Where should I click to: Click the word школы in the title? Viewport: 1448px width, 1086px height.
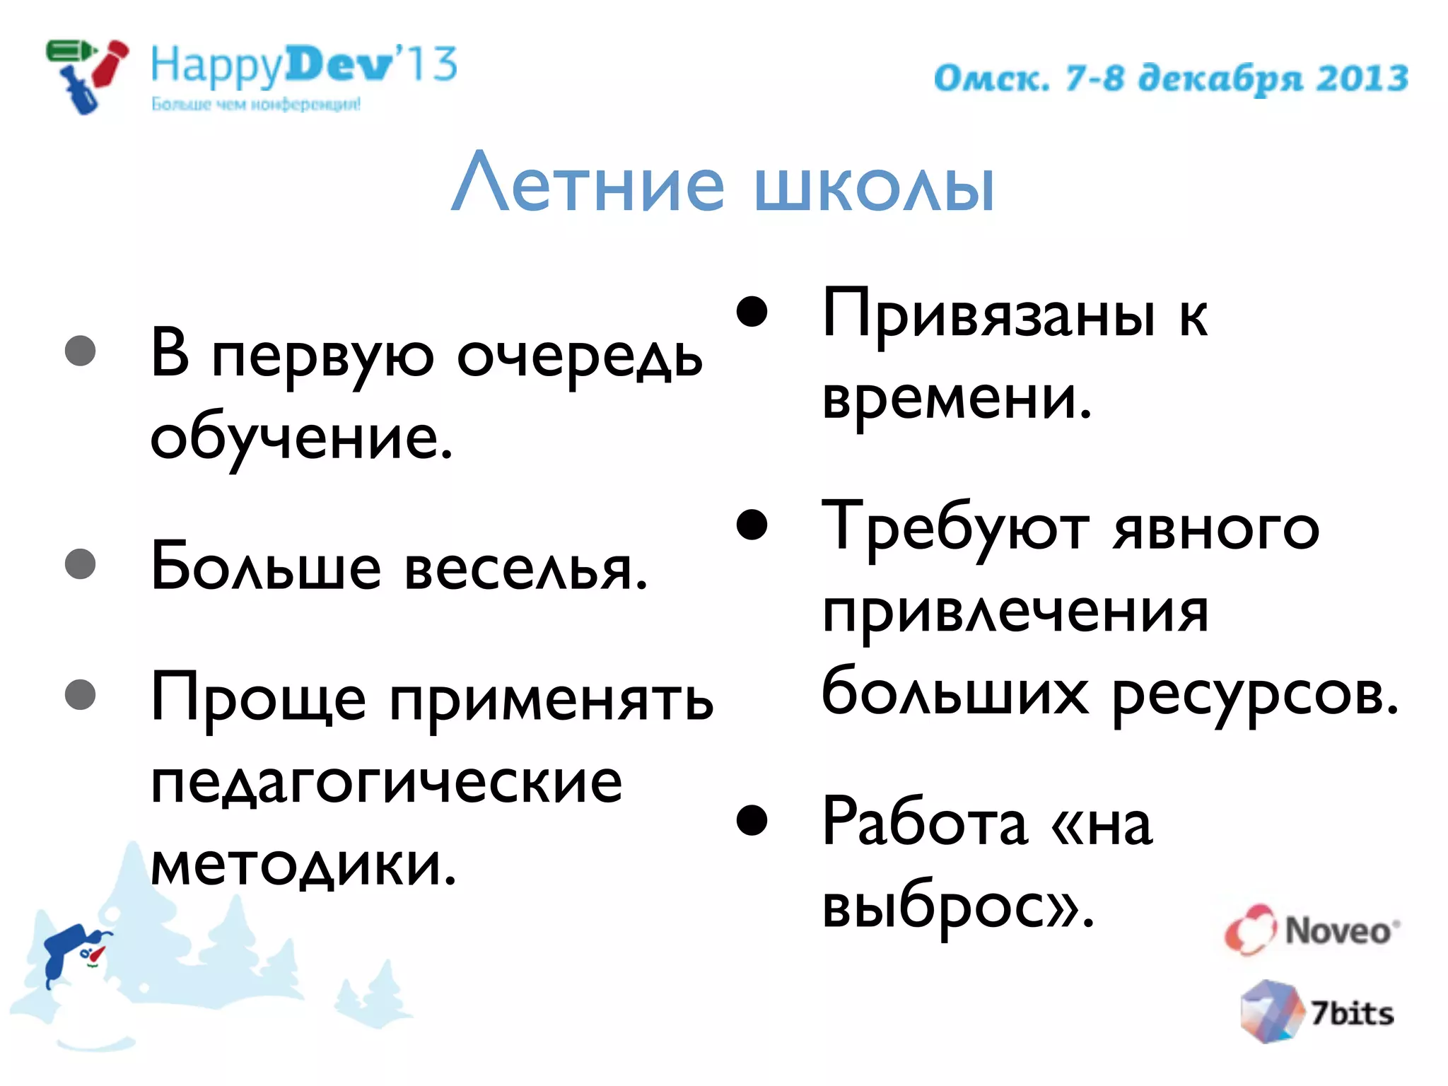click(875, 185)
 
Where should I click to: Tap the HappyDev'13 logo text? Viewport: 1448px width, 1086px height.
click(304, 65)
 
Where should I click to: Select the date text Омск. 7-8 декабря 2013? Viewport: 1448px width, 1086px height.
click(1171, 78)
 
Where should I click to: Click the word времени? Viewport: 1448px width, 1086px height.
click(957, 398)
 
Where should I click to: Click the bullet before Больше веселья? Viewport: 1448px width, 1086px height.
click(80, 564)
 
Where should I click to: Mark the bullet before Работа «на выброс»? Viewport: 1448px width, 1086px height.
click(752, 820)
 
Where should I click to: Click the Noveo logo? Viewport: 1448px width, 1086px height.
click(1312, 930)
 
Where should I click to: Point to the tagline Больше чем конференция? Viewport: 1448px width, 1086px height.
click(256, 105)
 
